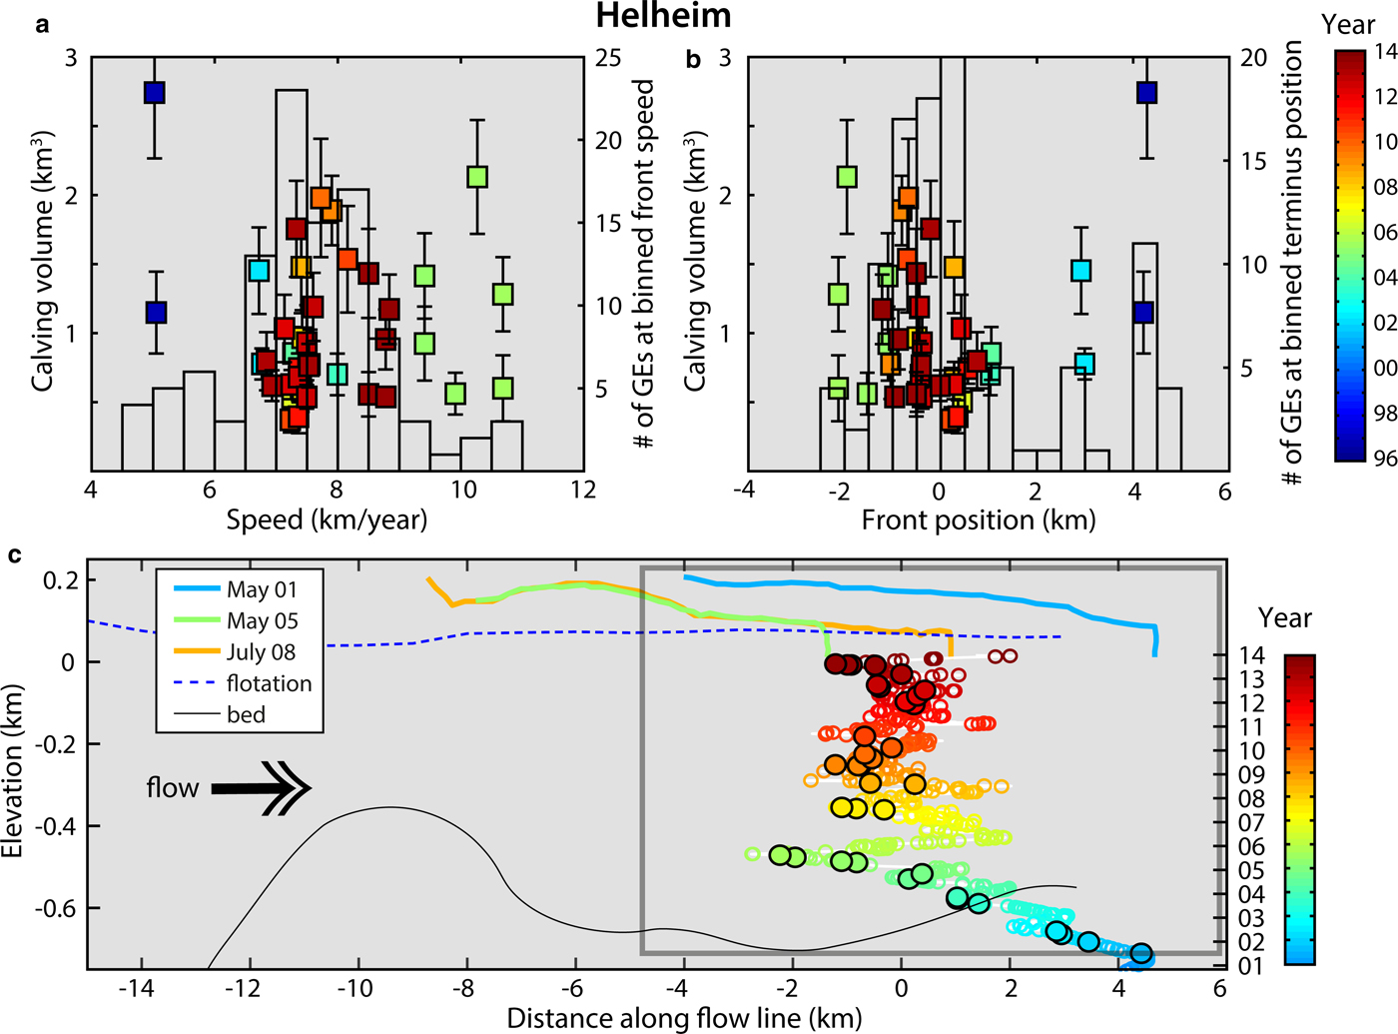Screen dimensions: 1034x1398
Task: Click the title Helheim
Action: (663, 16)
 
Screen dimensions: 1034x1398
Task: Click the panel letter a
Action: (42, 25)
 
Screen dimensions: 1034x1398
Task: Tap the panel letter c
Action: (14, 554)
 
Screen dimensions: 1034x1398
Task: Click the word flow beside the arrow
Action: (172, 788)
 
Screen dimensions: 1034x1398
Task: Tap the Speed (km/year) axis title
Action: (327, 519)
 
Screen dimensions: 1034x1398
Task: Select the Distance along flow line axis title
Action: (684, 1018)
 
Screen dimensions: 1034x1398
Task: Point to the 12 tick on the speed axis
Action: (583, 491)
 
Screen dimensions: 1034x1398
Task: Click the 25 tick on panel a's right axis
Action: (608, 58)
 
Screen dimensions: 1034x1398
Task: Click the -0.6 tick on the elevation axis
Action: (55, 908)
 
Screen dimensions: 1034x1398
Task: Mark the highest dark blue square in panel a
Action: (154, 93)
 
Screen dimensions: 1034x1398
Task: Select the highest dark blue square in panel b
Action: (1146, 93)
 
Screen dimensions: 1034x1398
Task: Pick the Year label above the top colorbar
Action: (1348, 24)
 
